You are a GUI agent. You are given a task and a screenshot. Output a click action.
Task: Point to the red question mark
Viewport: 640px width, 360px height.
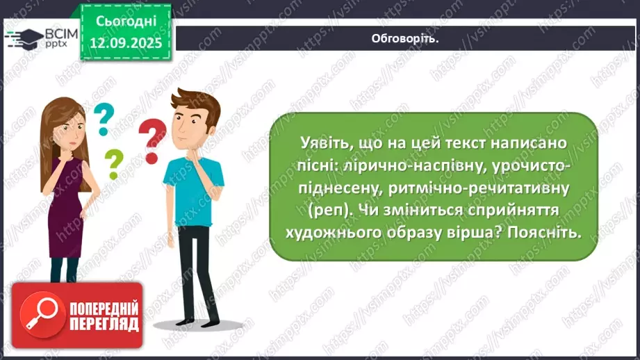tap(151, 138)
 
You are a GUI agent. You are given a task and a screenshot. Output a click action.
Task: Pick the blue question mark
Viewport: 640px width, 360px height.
tap(104, 118)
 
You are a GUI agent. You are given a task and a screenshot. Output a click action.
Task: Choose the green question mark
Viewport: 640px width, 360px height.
tap(113, 164)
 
